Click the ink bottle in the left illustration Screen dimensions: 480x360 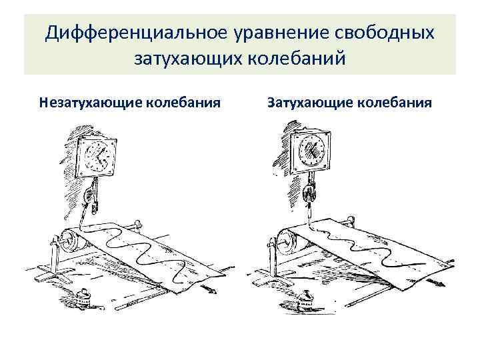[85, 296]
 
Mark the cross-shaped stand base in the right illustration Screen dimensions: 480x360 [269, 270]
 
